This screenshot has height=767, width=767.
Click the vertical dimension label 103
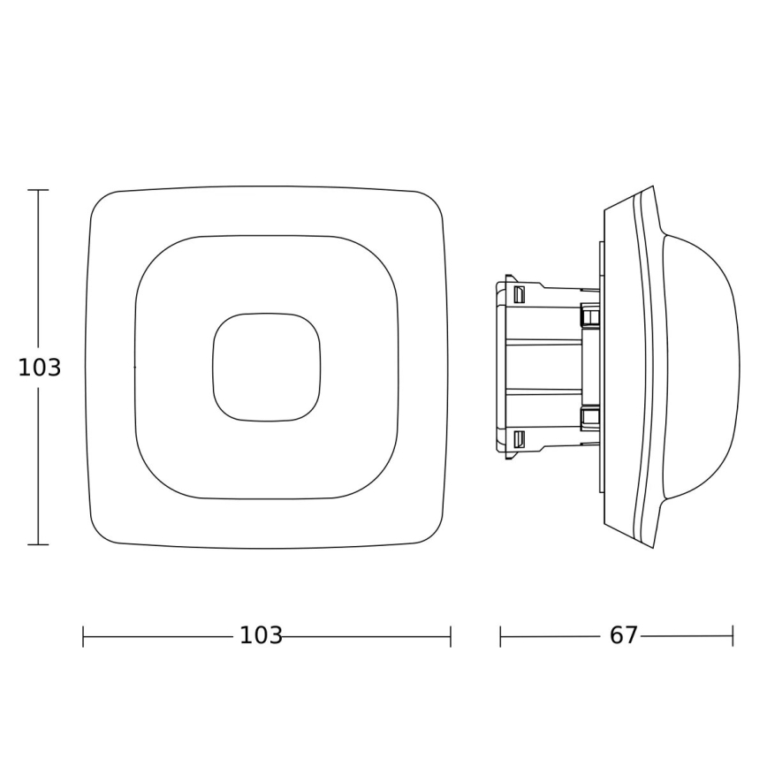40,368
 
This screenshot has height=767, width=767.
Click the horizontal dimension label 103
261,635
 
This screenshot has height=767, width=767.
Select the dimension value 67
623,635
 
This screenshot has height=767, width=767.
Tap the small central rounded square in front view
266,367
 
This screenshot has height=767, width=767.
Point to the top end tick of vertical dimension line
38,190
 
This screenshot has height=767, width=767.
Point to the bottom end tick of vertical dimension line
38,544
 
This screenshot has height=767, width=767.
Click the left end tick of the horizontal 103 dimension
83,636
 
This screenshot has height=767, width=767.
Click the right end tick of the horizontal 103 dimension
451,636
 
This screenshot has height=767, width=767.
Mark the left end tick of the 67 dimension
500,636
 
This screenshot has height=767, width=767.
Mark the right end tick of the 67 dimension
733,636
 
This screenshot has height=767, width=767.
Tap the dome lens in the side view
702,367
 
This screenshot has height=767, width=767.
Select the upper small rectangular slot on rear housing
520,292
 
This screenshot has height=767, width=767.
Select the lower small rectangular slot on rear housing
520,439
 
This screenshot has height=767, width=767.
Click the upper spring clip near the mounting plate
589,315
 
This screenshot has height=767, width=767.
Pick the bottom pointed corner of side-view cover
652,546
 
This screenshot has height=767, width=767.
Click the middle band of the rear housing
543,367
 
